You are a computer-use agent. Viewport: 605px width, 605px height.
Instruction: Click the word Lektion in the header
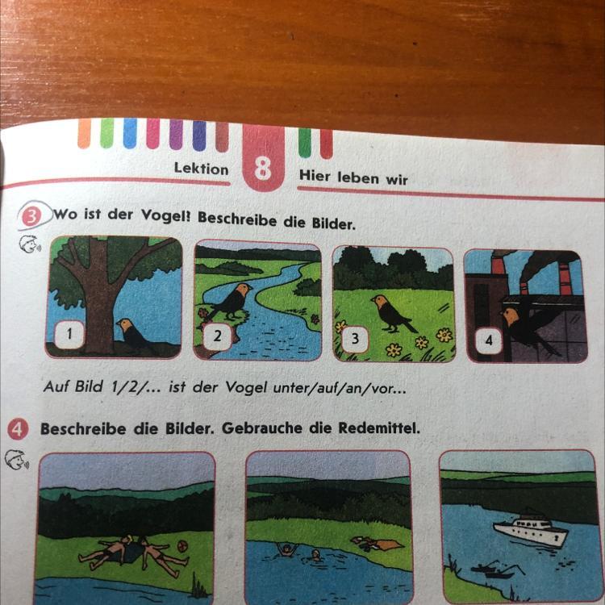tap(201, 169)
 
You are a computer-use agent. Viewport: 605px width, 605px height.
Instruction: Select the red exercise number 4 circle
tap(18, 429)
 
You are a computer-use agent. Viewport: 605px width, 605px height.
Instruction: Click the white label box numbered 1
tap(69, 334)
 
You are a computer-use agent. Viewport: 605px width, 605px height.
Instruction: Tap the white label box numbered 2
tap(218, 336)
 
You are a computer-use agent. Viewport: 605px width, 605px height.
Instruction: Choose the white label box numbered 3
tap(355, 339)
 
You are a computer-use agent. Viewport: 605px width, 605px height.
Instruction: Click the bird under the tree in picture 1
tap(133, 334)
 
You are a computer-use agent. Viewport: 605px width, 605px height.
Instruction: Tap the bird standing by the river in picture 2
tap(231, 301)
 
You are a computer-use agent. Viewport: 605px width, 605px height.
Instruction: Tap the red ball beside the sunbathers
tap(182, 546)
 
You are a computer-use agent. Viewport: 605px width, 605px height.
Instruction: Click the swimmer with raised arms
tap(286, 549)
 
